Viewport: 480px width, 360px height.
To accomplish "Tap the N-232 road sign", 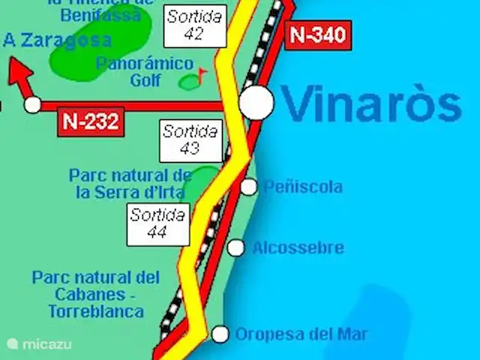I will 91,122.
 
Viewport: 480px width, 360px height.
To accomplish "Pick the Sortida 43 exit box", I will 190,140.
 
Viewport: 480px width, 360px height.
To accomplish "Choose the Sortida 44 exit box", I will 157,223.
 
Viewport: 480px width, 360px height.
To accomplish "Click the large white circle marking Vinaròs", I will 256,103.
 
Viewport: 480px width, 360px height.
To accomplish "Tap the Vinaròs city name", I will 371,105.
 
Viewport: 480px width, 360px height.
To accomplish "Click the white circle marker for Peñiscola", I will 248,187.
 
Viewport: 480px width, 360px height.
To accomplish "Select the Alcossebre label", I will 298,247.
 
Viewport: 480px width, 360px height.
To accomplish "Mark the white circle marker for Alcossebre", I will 236,247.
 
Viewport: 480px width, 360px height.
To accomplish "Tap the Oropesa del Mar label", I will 301,334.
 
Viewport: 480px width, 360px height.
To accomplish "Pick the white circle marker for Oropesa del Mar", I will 220,334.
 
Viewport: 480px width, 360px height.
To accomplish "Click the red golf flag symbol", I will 202,73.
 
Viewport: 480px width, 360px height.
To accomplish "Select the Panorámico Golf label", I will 145,72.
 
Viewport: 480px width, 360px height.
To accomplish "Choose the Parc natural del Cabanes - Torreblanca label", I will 95,293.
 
